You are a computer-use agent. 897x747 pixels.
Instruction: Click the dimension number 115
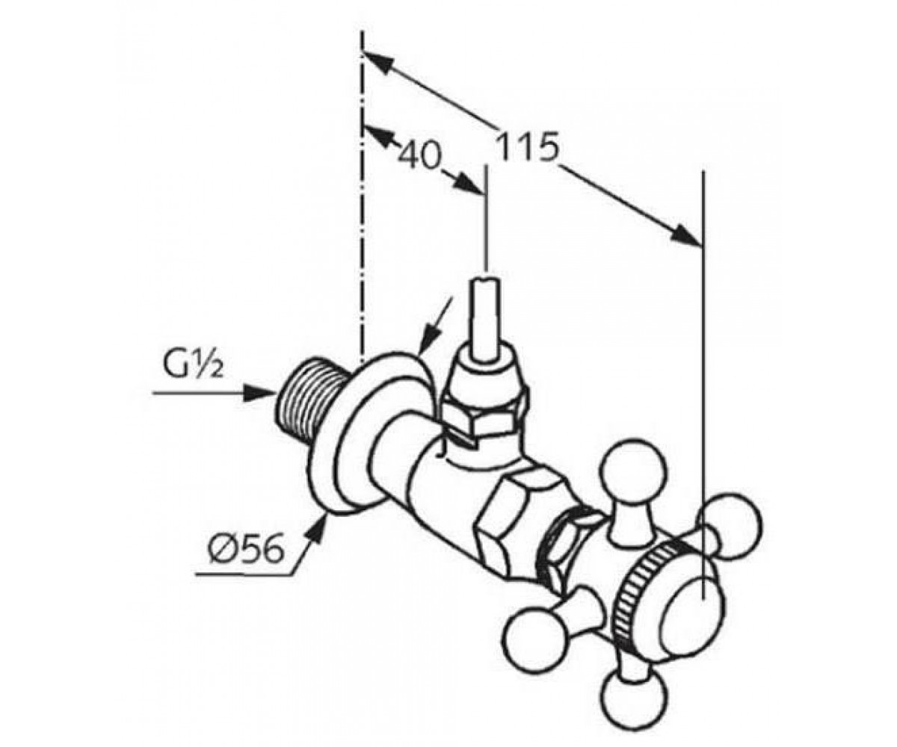(x=528, y=148)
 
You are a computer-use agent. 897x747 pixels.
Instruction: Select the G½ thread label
(x=193, y=365)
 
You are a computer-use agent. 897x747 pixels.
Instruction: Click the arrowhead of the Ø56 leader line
(x=317, y=531)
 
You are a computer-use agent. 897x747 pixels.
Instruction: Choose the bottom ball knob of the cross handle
(x=633, y=699)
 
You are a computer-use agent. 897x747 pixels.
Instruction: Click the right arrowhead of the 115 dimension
(x=686, y=236)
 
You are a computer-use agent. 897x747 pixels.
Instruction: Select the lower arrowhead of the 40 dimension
(x=469, y=184)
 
